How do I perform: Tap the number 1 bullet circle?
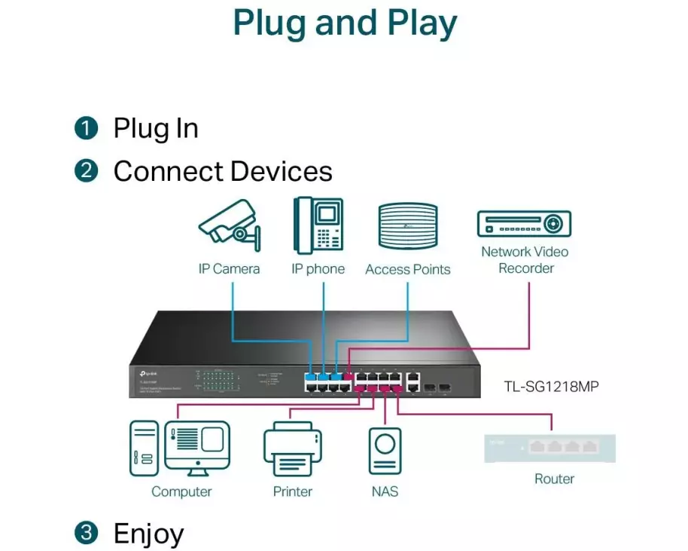(87, 128)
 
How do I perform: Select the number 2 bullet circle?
(87, 171)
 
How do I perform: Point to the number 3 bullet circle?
(87, 533)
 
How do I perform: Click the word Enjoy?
(148, 533)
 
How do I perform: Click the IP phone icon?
(318, 225)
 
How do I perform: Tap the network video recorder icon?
(524, 224)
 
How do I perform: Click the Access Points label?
(408, 269)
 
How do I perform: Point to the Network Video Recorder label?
(525, 260)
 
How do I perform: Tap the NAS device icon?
(385, 452)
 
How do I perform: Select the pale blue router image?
(549, 448)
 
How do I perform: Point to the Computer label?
(181, 491)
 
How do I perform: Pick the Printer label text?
(292, 491)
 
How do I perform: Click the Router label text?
(554, 479)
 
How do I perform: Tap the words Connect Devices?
(223, 171)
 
